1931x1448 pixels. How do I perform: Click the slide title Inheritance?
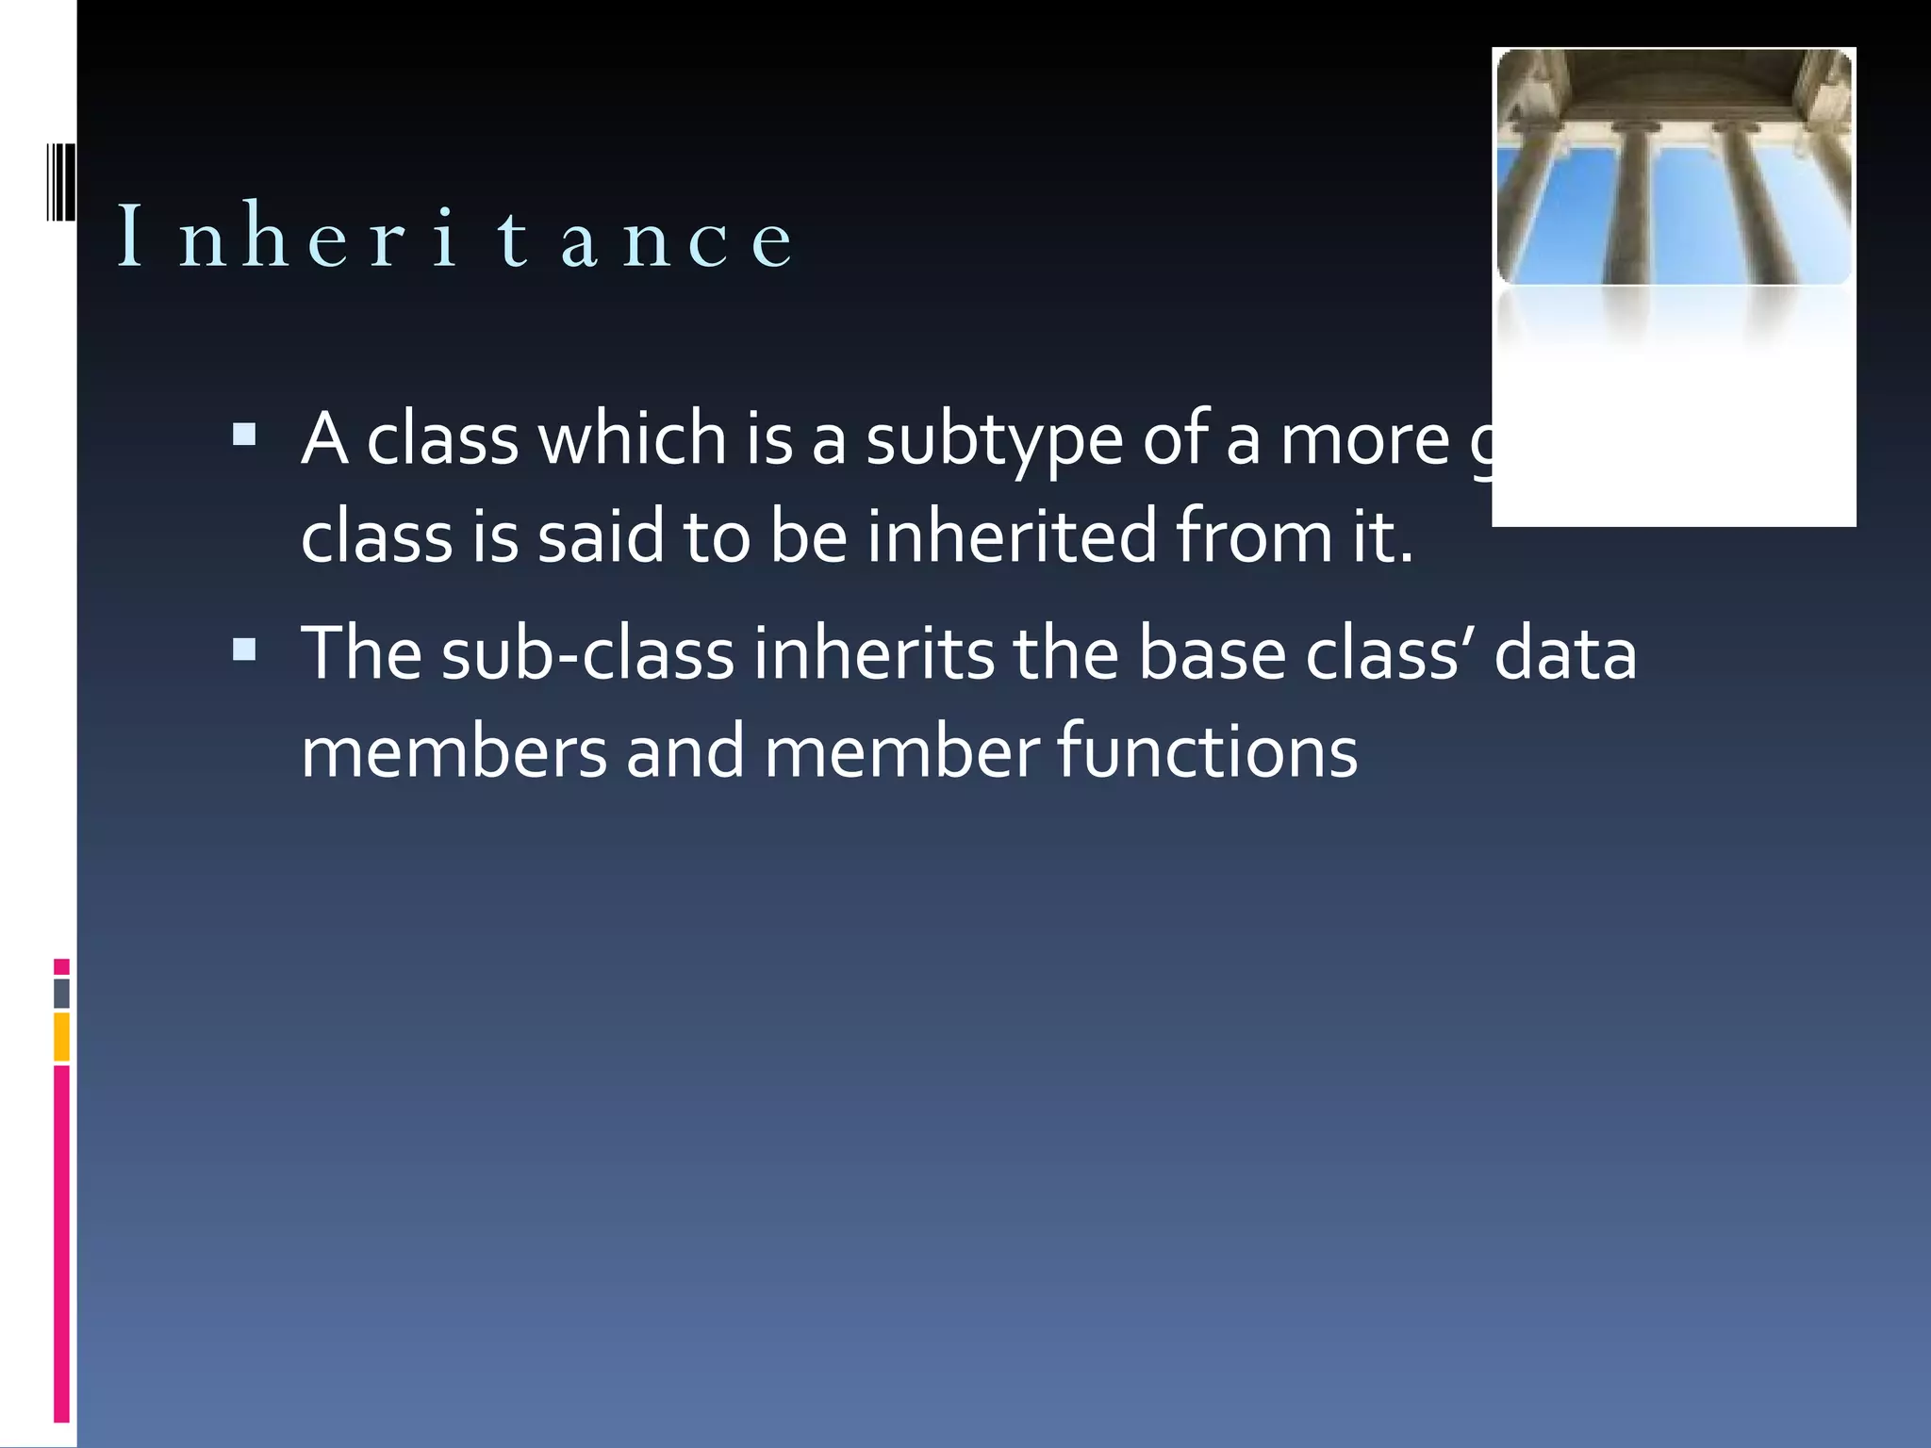tap(455, 237)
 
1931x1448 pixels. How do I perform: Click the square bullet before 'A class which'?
tap(244, 435)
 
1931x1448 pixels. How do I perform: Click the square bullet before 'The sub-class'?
tap(244, 650)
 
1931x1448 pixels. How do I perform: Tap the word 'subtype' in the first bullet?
tap(994, 441)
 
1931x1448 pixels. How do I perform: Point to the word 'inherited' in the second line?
tap(1011, 536)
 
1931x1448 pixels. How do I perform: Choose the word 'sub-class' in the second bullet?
tap(587, 654)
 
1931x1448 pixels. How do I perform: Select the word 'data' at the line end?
tap(1565, 654)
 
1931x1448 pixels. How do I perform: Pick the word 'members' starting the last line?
tap(454, 752)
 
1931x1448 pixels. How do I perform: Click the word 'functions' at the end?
tap(1207, 752)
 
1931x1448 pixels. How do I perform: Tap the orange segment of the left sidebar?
tap(61, 1037)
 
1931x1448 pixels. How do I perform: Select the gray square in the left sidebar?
tap(61, 994)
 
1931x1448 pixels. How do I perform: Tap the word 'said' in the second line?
tap(601, 536)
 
